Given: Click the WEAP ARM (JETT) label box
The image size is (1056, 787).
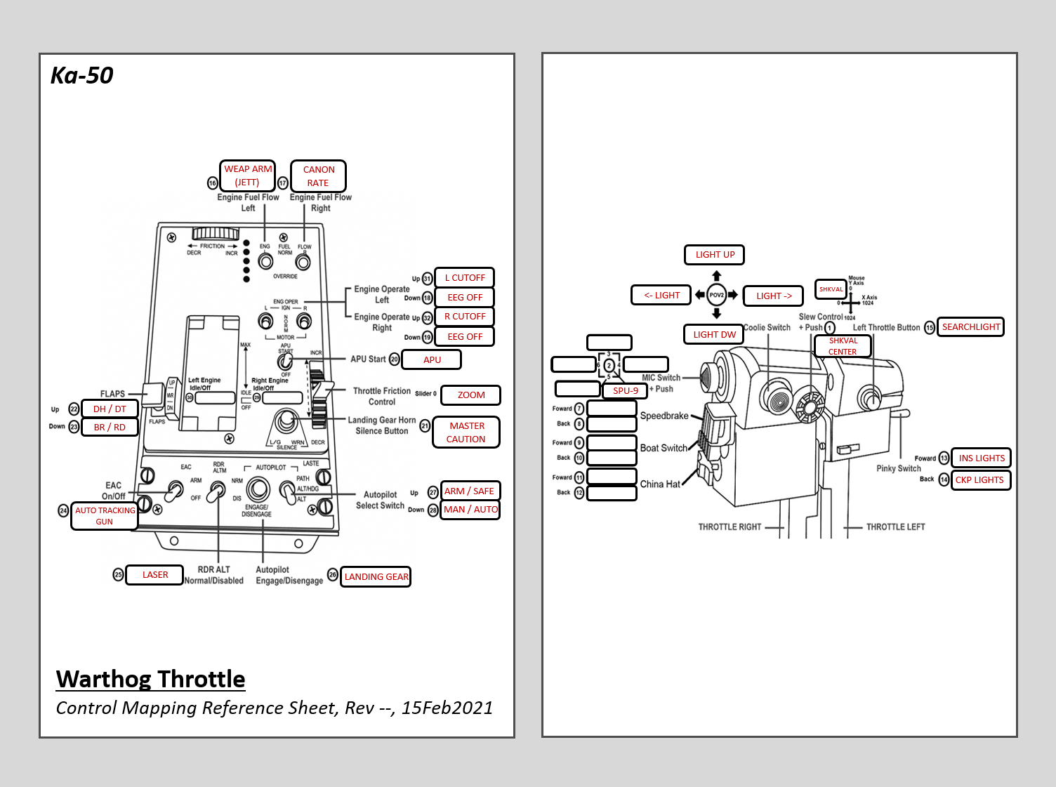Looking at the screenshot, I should pyautogui.click(x=247, y=176).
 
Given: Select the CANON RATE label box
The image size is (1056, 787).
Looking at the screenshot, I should pyautogui.click(x=318, y=176).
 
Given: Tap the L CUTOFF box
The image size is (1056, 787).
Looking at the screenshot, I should pyautogui.click(x=464, y=277).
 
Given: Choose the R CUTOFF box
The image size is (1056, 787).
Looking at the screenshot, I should pyautogui.click(x=464, y=317).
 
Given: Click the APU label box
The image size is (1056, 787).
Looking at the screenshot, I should pyautogui.click(x=432, y=359).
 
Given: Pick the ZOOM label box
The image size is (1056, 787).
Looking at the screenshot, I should pyautogui.click(x=470, y=395).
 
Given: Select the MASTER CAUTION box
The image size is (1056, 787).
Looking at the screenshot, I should pyautogui.click(x=466, y=432).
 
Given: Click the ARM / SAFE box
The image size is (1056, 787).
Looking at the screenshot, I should pyautogui.click(x=469, y=491).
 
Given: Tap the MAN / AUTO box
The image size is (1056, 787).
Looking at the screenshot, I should pyautogui.click(x=470, y=510).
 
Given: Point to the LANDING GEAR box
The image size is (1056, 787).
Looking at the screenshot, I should pyautogui.click(x=376, y=576).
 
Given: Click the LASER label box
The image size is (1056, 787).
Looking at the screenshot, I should pyautogui.click(x=154, y=575).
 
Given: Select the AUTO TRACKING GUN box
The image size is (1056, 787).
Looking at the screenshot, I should pyautogui.click(x=105, y=516).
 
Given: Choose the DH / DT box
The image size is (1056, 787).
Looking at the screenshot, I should pyautogui.click(x=110, y=409).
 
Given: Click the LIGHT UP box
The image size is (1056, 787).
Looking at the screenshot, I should pyautogui.click(x=714, y=255).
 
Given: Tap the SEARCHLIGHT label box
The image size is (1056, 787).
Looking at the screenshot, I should pyautogui.click(x=970, y=327).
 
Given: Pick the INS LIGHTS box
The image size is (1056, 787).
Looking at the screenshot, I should pyautogui.click(x=981, y=458).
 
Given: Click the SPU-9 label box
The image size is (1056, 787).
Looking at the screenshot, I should pyautogui.click(x=625, y=390).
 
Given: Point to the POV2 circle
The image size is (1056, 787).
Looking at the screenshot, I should pyautogui.click(x=716, y=295).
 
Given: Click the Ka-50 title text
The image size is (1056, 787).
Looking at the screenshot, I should pyautogui.click(x=82, y=75).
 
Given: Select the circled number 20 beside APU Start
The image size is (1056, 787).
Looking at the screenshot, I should pyautogui.click(x=395, y=359).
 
